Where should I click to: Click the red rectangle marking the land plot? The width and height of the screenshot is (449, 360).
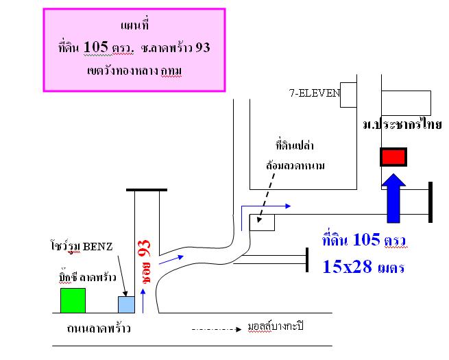[393, 157]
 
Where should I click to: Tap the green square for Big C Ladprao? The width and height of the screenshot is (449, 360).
[73, 300]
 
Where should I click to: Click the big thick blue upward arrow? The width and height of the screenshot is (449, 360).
[394, 198]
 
